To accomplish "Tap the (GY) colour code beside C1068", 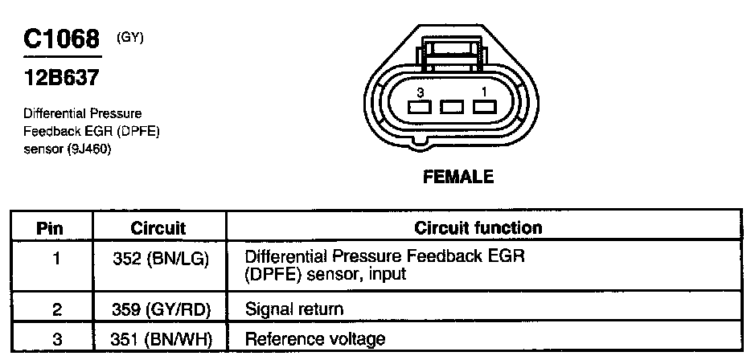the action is pyautogui.click(x=130, y=36).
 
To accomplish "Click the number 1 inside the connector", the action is pyautogui.click(x=482, y=92).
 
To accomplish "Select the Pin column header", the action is pyautogui.click(x=51, y=228).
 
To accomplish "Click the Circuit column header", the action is pyautogui.click(x=158, y=228).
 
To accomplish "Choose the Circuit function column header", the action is pyautogui.click(x=478, y=228).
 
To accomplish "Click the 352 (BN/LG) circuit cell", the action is pyautogui.click(x=158, y=259).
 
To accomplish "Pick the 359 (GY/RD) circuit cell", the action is pyautogui.click(x=158, y=309).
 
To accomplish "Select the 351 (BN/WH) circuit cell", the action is pyautogui.click(x=158, y=339).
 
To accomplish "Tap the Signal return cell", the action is pyautogui.click(x=293, y=309).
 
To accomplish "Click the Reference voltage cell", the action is pyautogui.click(x=314, y=339).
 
